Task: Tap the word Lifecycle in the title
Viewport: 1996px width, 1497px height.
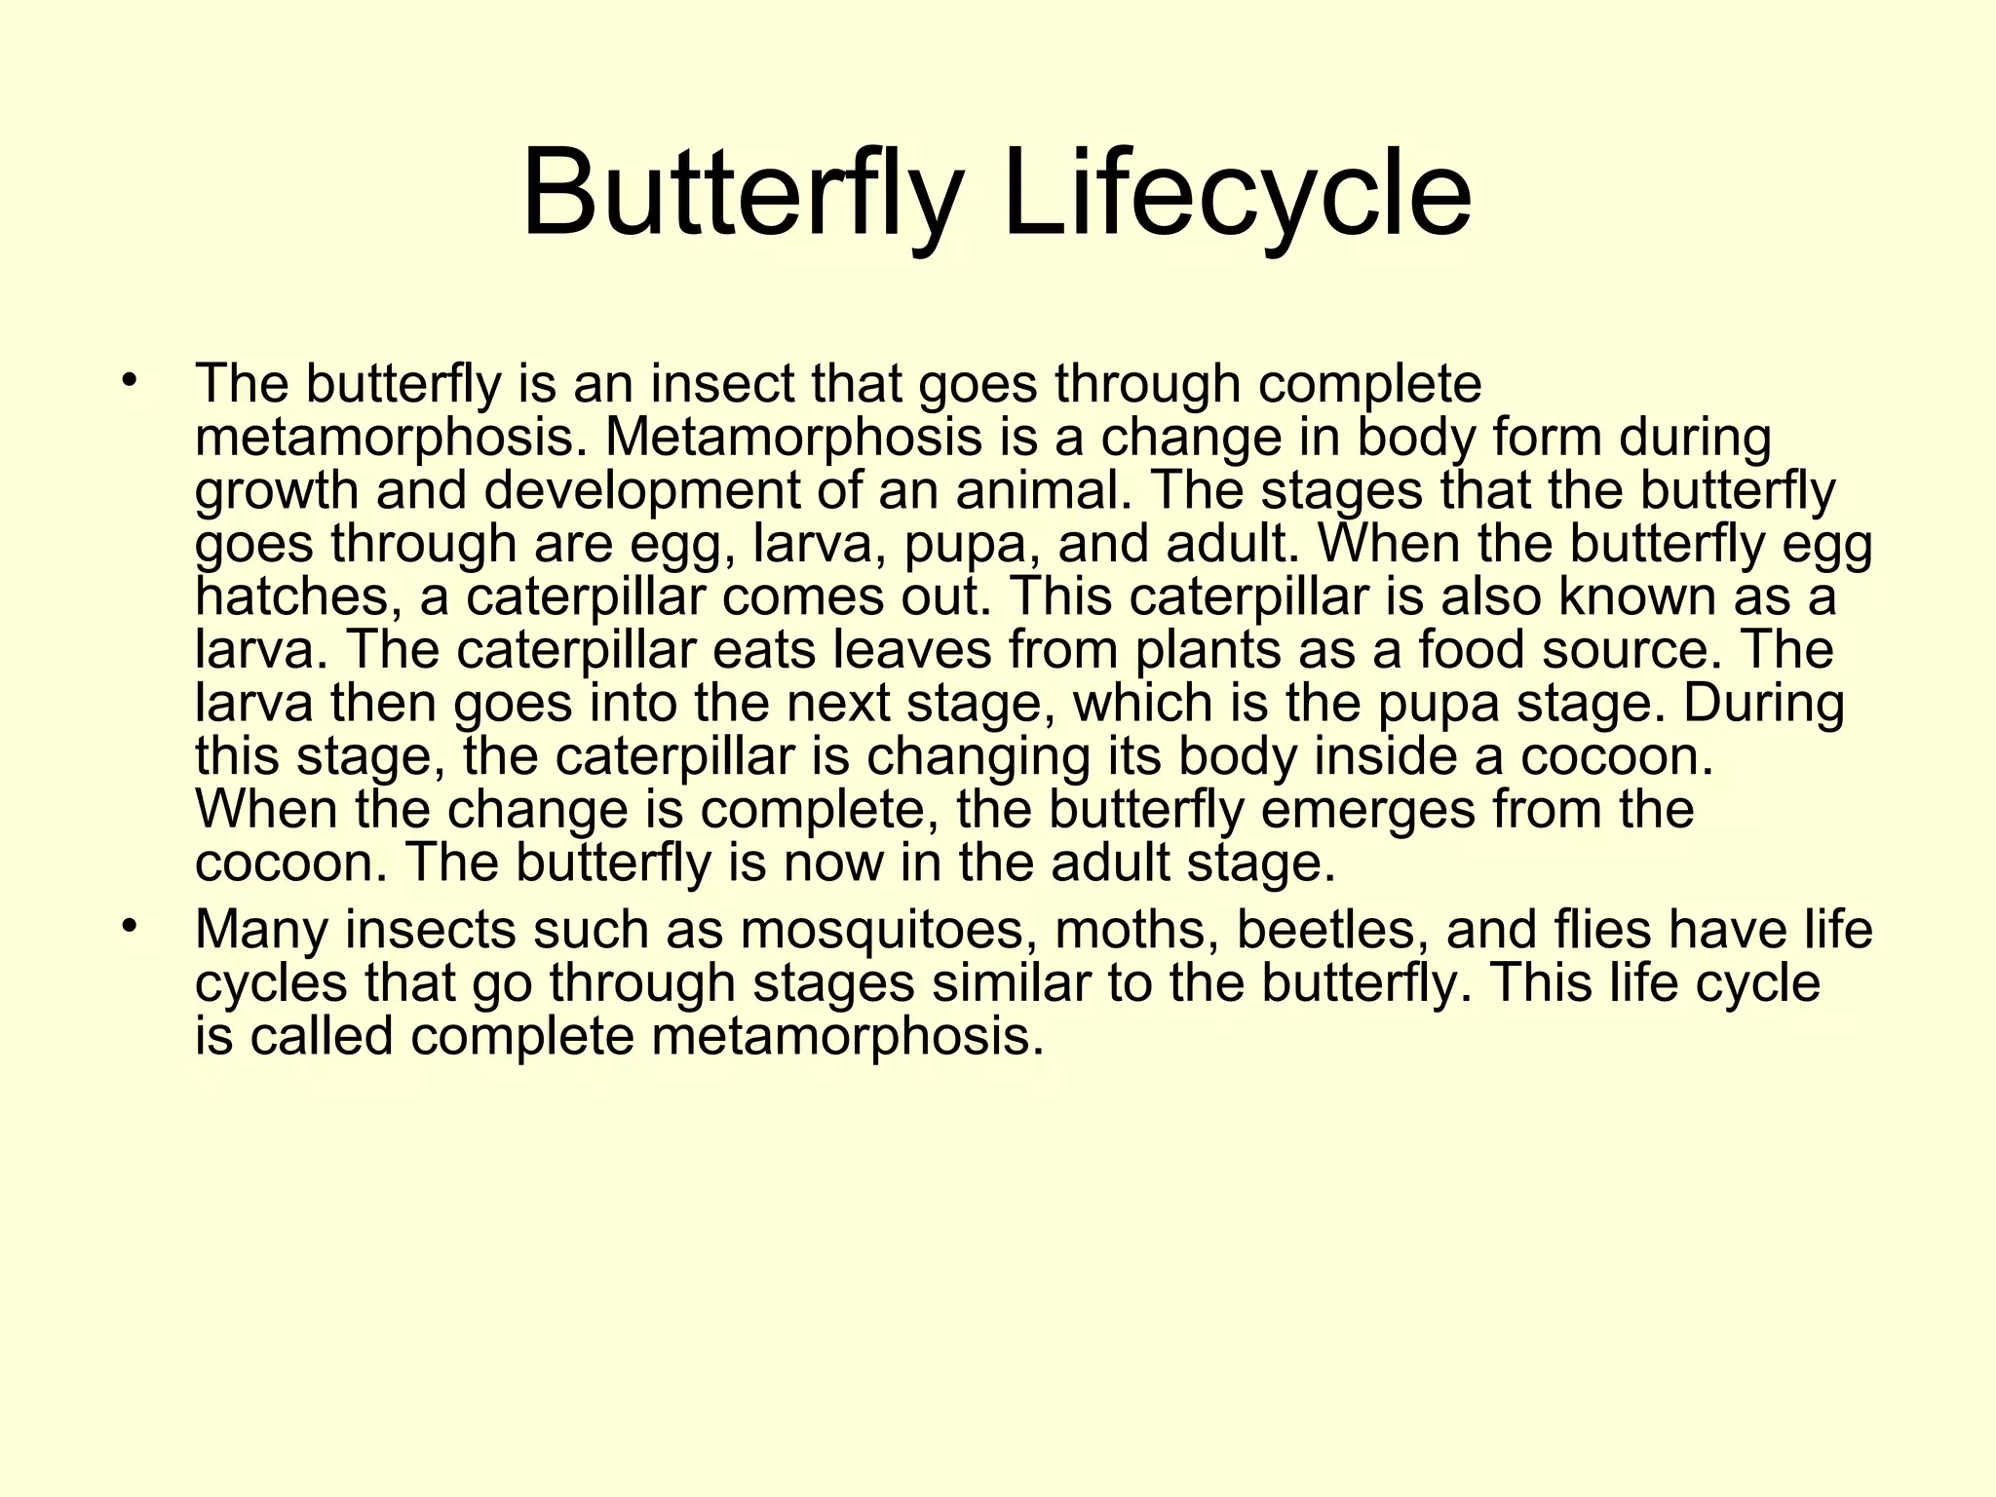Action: coord(1237,195)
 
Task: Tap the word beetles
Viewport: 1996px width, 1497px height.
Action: coord(1330,930)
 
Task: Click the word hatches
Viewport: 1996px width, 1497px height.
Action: coord(297,596)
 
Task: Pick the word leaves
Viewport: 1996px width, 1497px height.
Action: coord(912,650)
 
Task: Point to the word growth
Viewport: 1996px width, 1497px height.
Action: coord(277,491)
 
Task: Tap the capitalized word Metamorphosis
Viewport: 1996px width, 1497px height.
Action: coord(793,438)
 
